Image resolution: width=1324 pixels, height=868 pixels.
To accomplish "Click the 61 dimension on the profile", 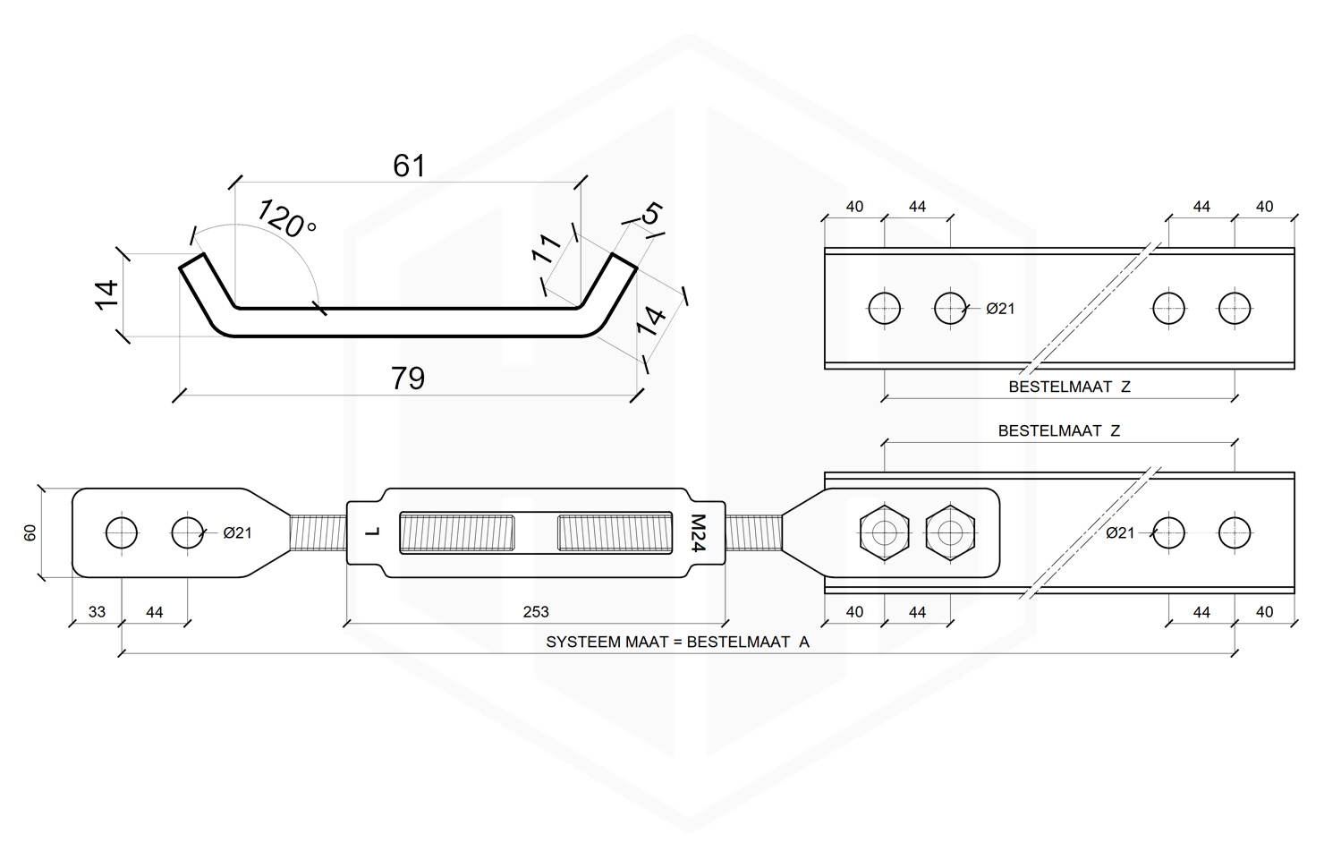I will [x=409, y=166].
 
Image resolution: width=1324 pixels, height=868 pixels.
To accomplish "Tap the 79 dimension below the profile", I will [x=408, y=379].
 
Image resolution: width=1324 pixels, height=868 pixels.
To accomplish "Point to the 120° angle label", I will [x=286, y=218].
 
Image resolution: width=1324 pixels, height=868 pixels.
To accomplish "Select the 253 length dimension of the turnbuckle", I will [x=536, y=612].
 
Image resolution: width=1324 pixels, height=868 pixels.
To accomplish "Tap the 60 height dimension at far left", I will [x=30, y=532].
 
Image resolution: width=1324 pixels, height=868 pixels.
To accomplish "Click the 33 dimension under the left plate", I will [x=97, y=612].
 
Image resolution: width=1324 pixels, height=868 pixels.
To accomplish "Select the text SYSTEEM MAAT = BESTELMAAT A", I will [x=677, y=642].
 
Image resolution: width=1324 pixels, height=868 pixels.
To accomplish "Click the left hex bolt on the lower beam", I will [x=884, y=532].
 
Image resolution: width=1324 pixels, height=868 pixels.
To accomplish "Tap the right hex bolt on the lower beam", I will [x=950, y=532].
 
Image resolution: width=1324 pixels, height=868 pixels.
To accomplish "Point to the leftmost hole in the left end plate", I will [x=122, y=532].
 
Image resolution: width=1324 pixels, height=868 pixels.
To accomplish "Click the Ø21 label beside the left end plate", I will [x=237, y=532].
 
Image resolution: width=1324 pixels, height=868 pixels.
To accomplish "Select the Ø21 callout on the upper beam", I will [x=1000, y=309].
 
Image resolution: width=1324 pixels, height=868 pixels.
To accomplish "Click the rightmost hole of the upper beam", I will [x=1235, y=308].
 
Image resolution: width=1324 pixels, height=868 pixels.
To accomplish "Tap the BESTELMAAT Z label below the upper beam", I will [x=1069, y=387].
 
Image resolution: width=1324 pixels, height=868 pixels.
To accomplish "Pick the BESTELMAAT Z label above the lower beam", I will [x=1058, y=430].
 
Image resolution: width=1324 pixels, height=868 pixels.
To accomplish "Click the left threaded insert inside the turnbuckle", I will [x=456, y=532].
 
